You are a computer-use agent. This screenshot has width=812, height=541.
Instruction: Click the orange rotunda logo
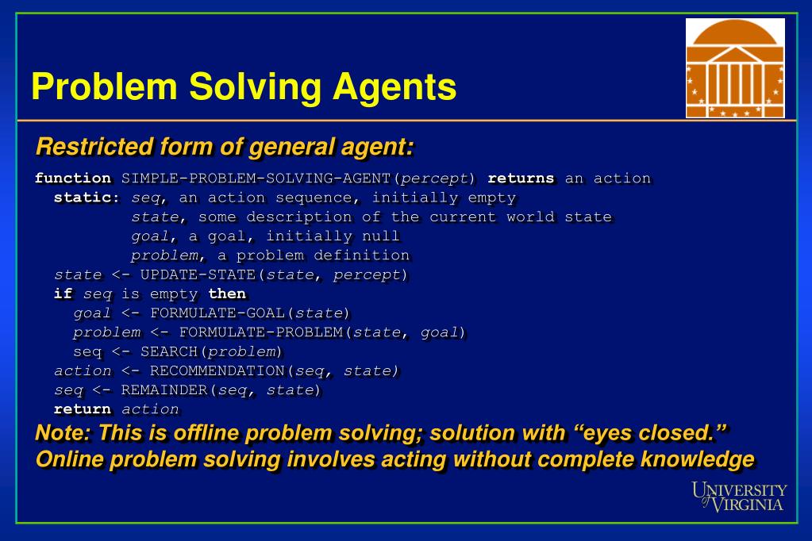[735, 68]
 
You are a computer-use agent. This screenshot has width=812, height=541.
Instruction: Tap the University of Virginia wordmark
[740, 496]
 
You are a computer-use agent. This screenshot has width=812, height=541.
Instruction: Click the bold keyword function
[73, 178]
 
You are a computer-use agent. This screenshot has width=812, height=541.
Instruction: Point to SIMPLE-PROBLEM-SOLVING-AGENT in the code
[259, 178]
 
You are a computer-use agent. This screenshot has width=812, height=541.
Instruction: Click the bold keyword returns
[521, 178]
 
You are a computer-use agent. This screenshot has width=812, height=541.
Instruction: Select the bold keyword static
[87, 198]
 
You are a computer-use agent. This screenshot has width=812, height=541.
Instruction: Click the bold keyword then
[227, 294]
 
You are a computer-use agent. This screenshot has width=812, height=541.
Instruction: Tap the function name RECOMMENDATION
[217, 370]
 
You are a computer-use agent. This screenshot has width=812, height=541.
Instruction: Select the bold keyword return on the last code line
[82, 409]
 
